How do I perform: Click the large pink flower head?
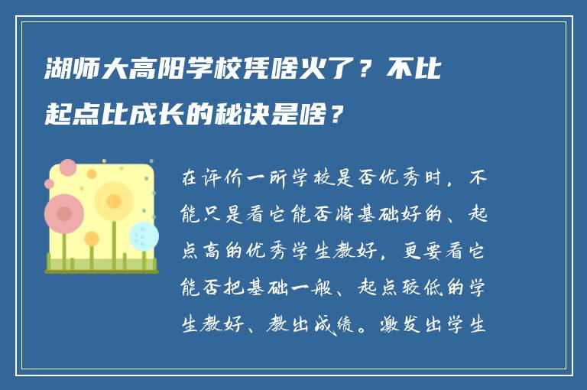[x=64, y=213]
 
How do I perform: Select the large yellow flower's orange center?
[x=114, y=201]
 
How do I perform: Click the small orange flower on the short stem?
[x=92, y=239]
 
